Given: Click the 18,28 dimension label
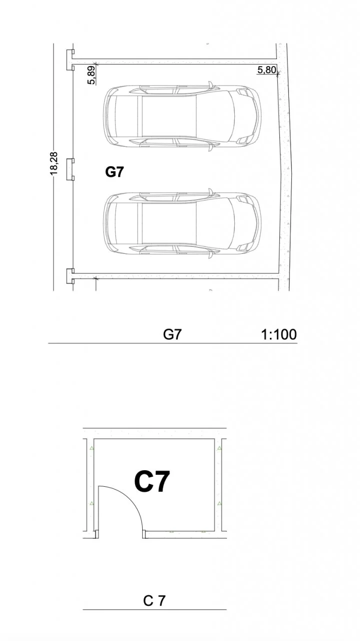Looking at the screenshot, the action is pos(54,163).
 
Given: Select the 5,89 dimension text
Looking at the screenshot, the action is pos(92,75).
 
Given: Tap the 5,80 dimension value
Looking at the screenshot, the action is pos(267,70).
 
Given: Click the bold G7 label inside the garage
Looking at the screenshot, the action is pos(115,172).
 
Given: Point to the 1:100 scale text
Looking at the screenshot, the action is pos(279,334).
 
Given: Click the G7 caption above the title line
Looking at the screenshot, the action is pos(172,334).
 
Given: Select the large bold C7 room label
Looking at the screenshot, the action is pos(152,482).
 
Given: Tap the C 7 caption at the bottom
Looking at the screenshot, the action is pos(154,601).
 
